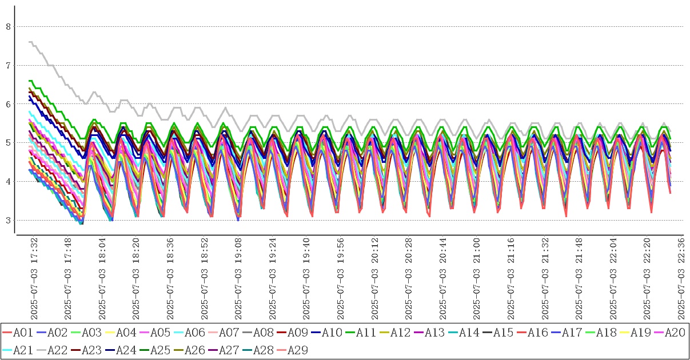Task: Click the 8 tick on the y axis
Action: [8, 26]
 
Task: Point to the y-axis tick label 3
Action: [8, 221]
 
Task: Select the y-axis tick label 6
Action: [8, 104]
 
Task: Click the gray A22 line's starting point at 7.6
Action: [30, 42]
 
